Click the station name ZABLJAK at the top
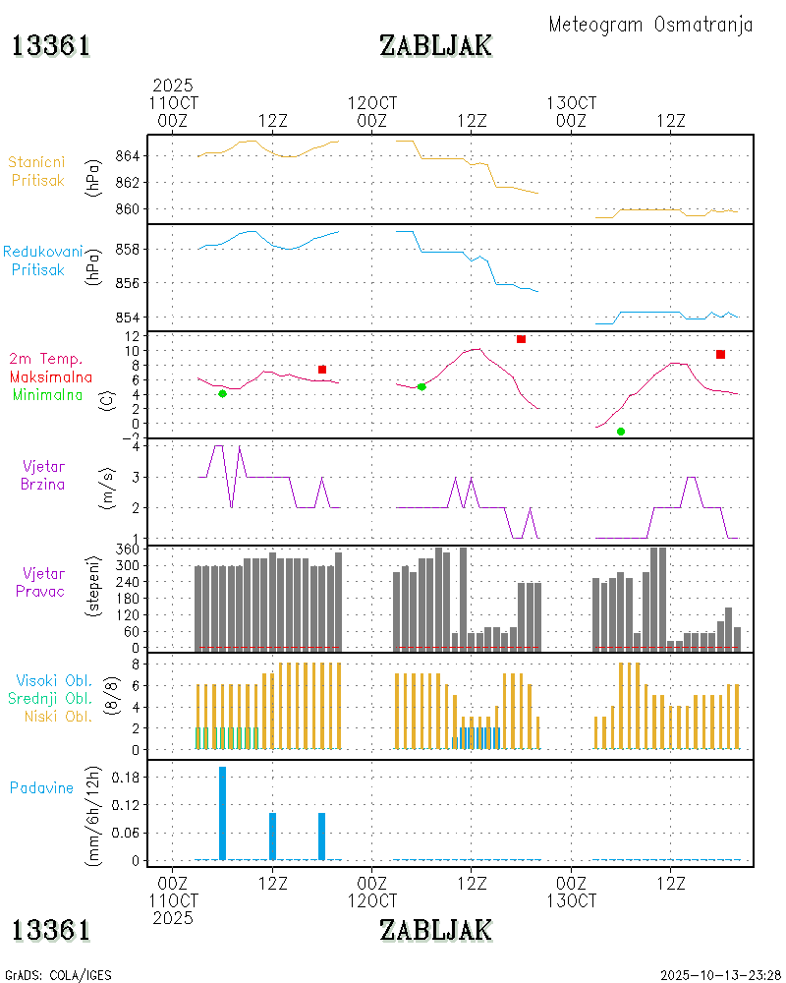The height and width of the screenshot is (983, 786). pyautogui.click(x=435, y=45)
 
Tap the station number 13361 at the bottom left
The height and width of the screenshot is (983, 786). pyautogui.click(x=52, y=929)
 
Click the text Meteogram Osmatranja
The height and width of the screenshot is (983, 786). pyautogui.click(x=650, y=25)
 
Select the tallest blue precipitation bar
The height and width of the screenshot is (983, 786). pyautogui.click(x=222, y=812)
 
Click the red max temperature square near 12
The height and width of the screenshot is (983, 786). pyautogui.click(x=521, y=339)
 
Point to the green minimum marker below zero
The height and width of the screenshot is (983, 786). pyautogui.click(x=621, y=432)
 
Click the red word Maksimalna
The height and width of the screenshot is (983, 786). pyautogui.click(x=51, y=376)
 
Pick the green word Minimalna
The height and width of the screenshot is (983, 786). pyautogui.click(x=48, y=394)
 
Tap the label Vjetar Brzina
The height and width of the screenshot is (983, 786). pyautogui.click(x=44, y=474)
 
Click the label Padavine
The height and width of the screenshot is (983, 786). pyautogui.click(x=41, y=787)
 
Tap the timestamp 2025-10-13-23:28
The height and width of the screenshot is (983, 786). pyautogui.click(x=720, y=975)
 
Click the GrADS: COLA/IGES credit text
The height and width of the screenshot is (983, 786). pyautogui.click(x=58, y=975)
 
